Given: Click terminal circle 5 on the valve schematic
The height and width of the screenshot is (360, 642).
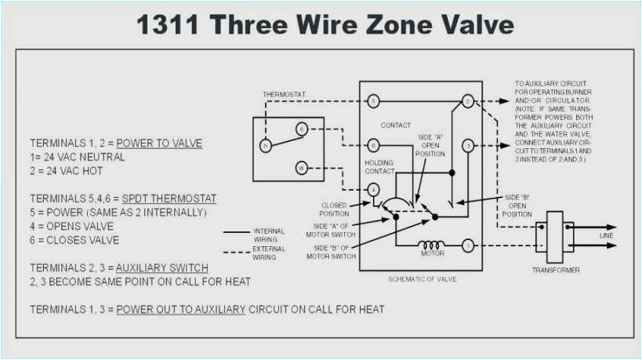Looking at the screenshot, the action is (x=373, y=102).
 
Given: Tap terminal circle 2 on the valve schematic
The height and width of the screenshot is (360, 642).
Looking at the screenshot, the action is (x=467, y=102).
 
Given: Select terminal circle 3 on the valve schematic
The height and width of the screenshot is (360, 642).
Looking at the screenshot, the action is (x=467, y=145).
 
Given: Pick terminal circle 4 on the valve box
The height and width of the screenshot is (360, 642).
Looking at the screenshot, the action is (x=373, y=189).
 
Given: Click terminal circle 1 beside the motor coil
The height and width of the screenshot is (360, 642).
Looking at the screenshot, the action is (x=467, y=245).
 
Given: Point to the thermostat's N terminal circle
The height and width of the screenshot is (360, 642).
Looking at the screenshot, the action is (x=265, y=146).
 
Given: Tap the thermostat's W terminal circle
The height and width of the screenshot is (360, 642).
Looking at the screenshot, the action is (x=301, y=167).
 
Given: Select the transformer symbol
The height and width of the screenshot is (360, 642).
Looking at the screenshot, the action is (x=555, y=236).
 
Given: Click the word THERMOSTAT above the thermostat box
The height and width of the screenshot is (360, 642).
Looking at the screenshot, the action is (x=284, y=95).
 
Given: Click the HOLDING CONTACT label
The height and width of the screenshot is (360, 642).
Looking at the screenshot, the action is (x=379, y=167).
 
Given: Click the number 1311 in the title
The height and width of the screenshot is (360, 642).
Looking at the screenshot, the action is (x=169, y=24).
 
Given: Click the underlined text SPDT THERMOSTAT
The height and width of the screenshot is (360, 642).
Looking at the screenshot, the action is (x=169, y=198).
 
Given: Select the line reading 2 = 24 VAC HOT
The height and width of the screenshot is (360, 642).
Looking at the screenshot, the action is (x=67, y=171).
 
